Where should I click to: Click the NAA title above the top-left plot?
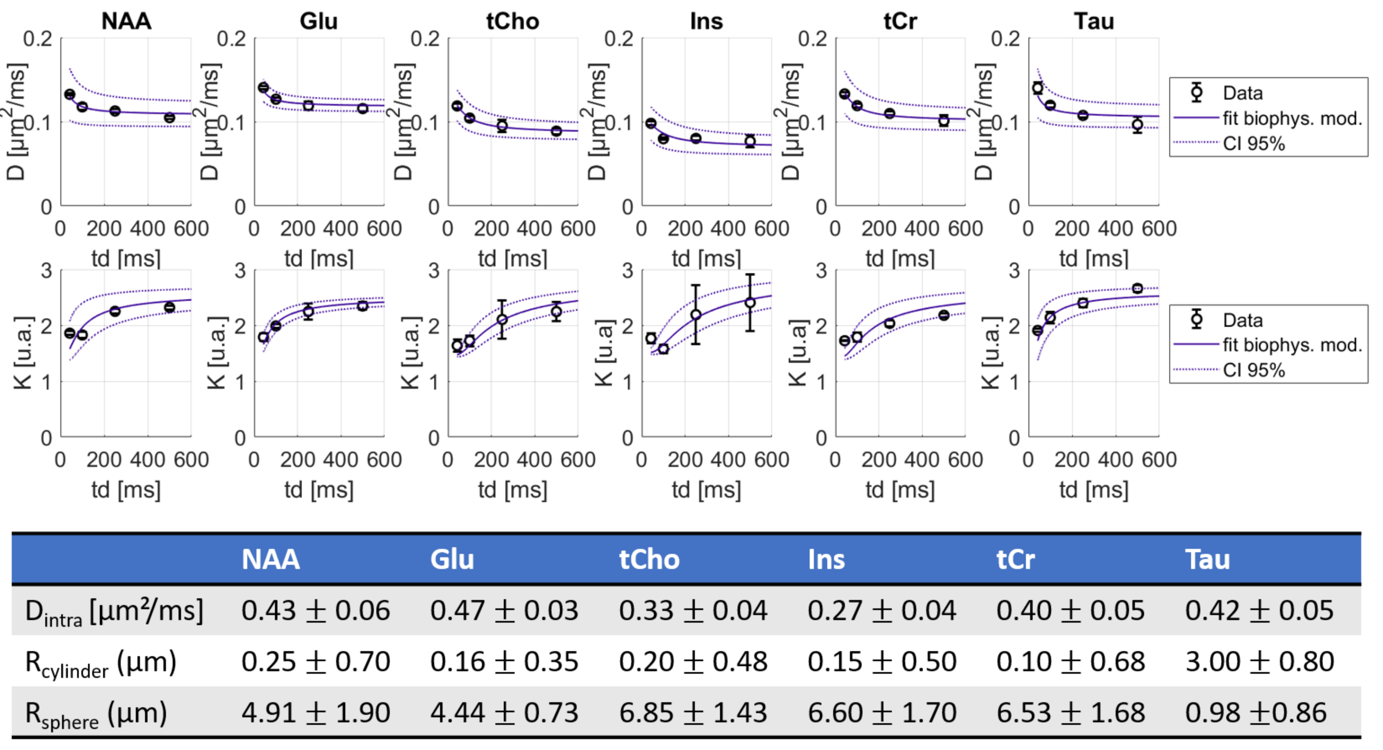pos(126,21)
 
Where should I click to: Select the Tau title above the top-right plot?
pos(1094,21)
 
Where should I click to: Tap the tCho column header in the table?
pos(649,559)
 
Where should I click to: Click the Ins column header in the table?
pos(826,559)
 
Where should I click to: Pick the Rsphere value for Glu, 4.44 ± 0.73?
pos(504,713)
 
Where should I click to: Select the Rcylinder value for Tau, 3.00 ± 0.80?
pos(1259,662)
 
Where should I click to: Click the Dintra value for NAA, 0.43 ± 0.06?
pos(316,610)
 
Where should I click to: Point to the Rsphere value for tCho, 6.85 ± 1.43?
pos(693,713)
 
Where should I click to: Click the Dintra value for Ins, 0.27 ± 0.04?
pos(881,610)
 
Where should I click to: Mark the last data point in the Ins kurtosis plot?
pos(750,303)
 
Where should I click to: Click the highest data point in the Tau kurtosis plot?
pos(1137,288)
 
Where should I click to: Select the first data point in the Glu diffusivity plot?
pos(263,88)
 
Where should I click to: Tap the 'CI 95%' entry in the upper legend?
pos(1254,144)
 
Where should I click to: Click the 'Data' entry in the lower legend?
pos(1242,321)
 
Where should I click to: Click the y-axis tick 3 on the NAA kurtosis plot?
pos(47,271)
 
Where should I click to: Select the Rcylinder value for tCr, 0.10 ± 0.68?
pos(1070,662)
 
